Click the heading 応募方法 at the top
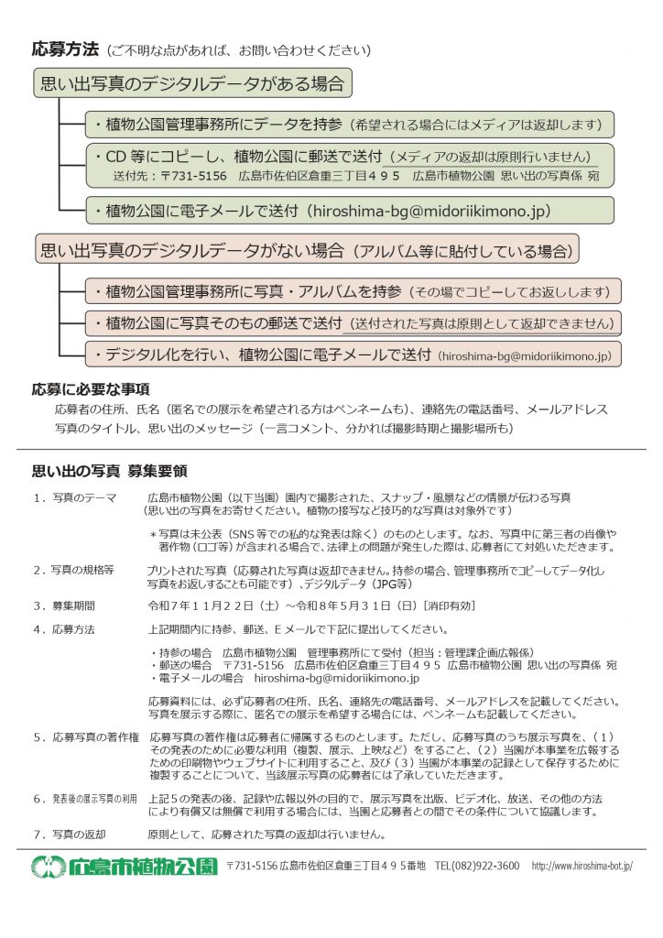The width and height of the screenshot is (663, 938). (64, 49)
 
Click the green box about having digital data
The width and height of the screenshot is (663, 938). (192, 84)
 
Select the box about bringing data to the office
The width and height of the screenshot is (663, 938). (349, 125)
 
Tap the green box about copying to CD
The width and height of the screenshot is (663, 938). (349, 165)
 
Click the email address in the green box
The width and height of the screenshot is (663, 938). (430, 210)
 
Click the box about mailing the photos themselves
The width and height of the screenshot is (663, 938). (353, 322)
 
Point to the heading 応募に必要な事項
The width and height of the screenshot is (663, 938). (91, 389)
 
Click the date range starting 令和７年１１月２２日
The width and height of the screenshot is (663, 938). (311, 605)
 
